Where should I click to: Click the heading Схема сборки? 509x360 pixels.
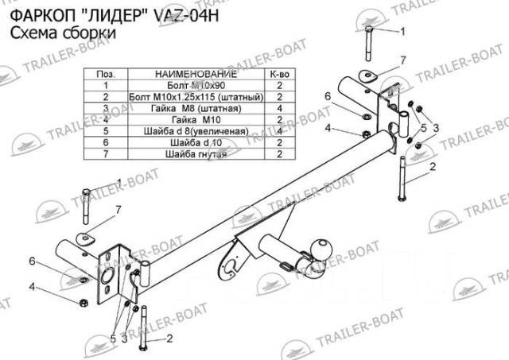(62, 34)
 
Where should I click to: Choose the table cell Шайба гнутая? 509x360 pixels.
(194, 154)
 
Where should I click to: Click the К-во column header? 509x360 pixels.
(279, 72)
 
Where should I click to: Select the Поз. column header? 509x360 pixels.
(105, 72)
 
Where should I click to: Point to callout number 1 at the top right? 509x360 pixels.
(402, 31)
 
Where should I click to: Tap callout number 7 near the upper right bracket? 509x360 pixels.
(403, 60)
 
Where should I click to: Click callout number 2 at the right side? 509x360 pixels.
(433, 166)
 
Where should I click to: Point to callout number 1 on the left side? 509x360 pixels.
(119, 182)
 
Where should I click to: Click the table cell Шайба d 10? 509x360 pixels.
(194, 142)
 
